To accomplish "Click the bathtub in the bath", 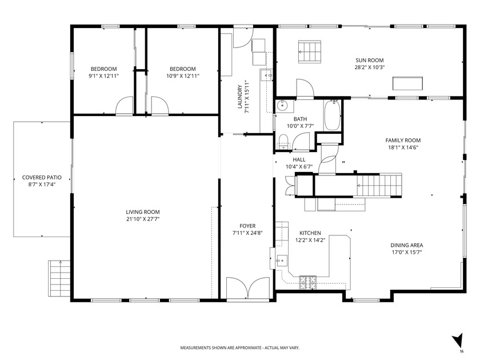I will [332, 115].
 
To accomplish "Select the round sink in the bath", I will [282, 106].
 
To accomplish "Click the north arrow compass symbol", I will [457, 341].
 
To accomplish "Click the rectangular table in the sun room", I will [407, 83].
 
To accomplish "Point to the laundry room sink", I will [266, 75].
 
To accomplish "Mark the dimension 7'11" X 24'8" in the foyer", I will [247, 233].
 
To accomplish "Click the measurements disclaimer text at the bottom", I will [240, 347].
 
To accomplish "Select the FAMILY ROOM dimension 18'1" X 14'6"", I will [402, 147].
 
